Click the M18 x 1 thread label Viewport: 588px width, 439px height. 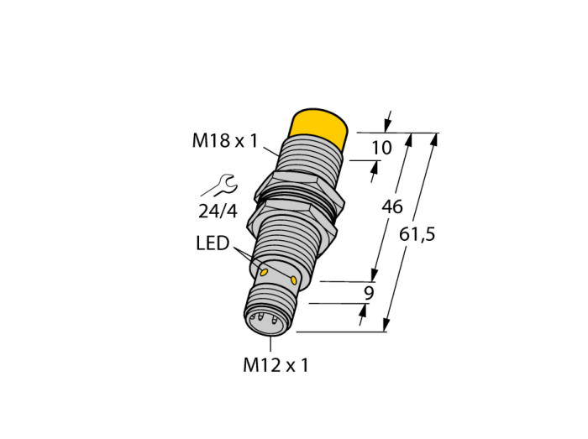point(225,141)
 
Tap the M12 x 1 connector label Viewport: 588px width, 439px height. point(276,365)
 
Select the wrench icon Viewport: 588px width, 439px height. point(219,186)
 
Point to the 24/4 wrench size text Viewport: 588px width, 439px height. point(218,212)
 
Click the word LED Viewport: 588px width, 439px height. point(213,243)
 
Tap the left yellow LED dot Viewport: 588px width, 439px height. point(264,272)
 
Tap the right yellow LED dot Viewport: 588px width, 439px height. point(294,280)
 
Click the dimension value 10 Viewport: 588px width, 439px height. point(381,148)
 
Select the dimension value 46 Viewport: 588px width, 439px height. point(392,206)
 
